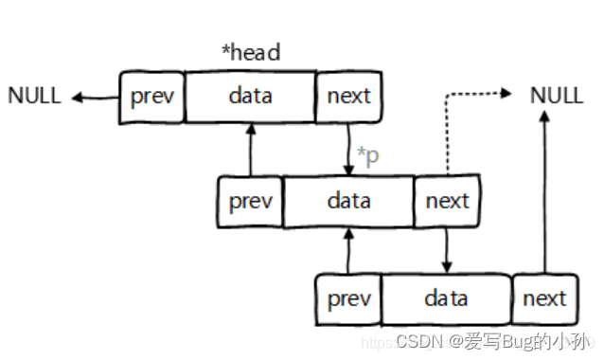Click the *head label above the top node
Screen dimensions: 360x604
[x=251, y=52]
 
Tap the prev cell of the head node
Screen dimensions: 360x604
[x=151, y=97]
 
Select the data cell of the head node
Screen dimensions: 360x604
[x=250, y=97]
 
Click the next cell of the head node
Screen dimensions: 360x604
[x=348, y=97]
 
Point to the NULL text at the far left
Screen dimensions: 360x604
[x=34, y=96]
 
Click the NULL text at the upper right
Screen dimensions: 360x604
[x=557, y=95]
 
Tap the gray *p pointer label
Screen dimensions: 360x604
[x=367, y=155]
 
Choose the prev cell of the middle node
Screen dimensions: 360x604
[x=250, y=201]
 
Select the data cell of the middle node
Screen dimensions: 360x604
[x=348, y=201]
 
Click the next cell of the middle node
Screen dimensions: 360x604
[x=447, y=201]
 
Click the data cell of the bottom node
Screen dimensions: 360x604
[x=446, y=299]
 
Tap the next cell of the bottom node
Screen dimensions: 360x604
[x=544, y=299]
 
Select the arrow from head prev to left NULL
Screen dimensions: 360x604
[x=95, y=97]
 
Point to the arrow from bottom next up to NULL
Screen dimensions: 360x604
[x=545, y=189]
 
